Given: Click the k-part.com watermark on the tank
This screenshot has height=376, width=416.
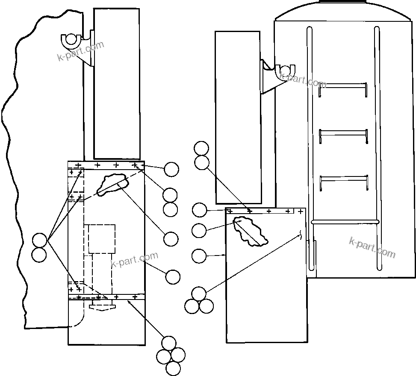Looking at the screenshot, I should [372, 247].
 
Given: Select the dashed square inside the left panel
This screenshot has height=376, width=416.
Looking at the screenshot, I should [102, 238].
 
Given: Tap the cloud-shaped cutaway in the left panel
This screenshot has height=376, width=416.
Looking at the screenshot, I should [113, 184].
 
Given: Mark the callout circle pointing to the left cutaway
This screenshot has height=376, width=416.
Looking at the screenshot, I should [171, 239].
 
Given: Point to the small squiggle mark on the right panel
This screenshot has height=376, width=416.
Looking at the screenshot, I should [301, 235].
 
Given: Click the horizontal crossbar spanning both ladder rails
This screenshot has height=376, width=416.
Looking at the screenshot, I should [345, 222].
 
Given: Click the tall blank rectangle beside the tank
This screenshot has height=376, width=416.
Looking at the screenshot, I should [238, 117].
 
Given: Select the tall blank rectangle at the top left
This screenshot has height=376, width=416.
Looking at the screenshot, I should [116, 83].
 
